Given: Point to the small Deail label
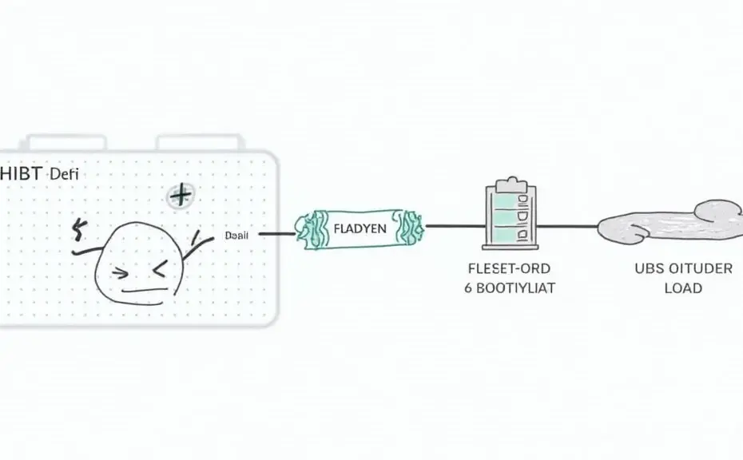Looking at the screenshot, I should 237,236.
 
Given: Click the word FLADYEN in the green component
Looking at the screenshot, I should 359,228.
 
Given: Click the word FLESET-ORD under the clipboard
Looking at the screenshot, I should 510,268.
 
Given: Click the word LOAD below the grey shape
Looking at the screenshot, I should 683,288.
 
